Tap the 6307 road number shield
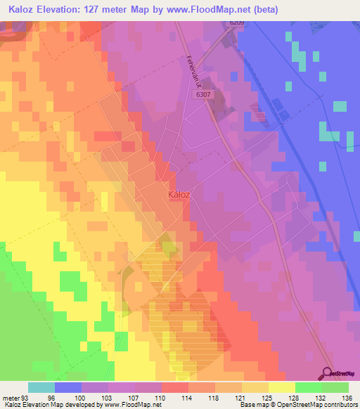point(204,93)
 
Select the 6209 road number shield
point(236,23)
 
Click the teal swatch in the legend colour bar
point(41,387)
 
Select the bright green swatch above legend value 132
point(308,387)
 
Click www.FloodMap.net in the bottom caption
point(133,405)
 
